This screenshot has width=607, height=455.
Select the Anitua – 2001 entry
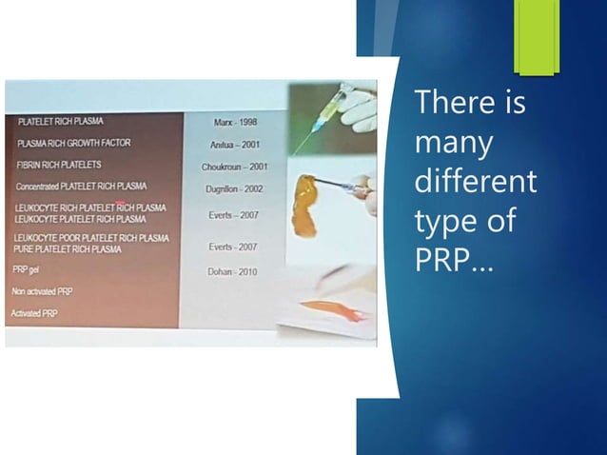coord(235,145)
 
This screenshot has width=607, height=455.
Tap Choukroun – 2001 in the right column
coord(235,167)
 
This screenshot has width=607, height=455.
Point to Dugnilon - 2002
coord(234,188)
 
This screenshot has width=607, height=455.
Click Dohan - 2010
coord(233,271)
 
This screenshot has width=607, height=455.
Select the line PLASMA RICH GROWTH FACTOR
coord(74,143)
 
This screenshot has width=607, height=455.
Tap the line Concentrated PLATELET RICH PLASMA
coord(81,187)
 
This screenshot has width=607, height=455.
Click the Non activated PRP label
coord(41,291)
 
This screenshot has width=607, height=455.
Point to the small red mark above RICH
coord(122,202)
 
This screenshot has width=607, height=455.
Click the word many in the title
coord(454,145)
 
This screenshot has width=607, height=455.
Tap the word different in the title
coord(476,181)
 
